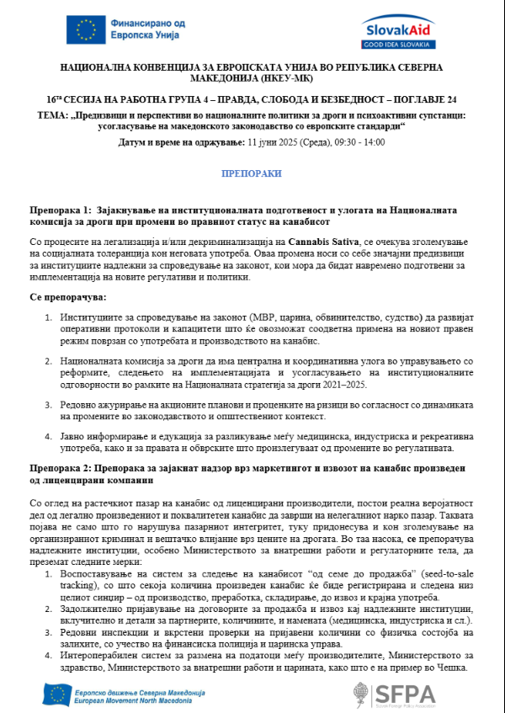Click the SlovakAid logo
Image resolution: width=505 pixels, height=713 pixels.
399,32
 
